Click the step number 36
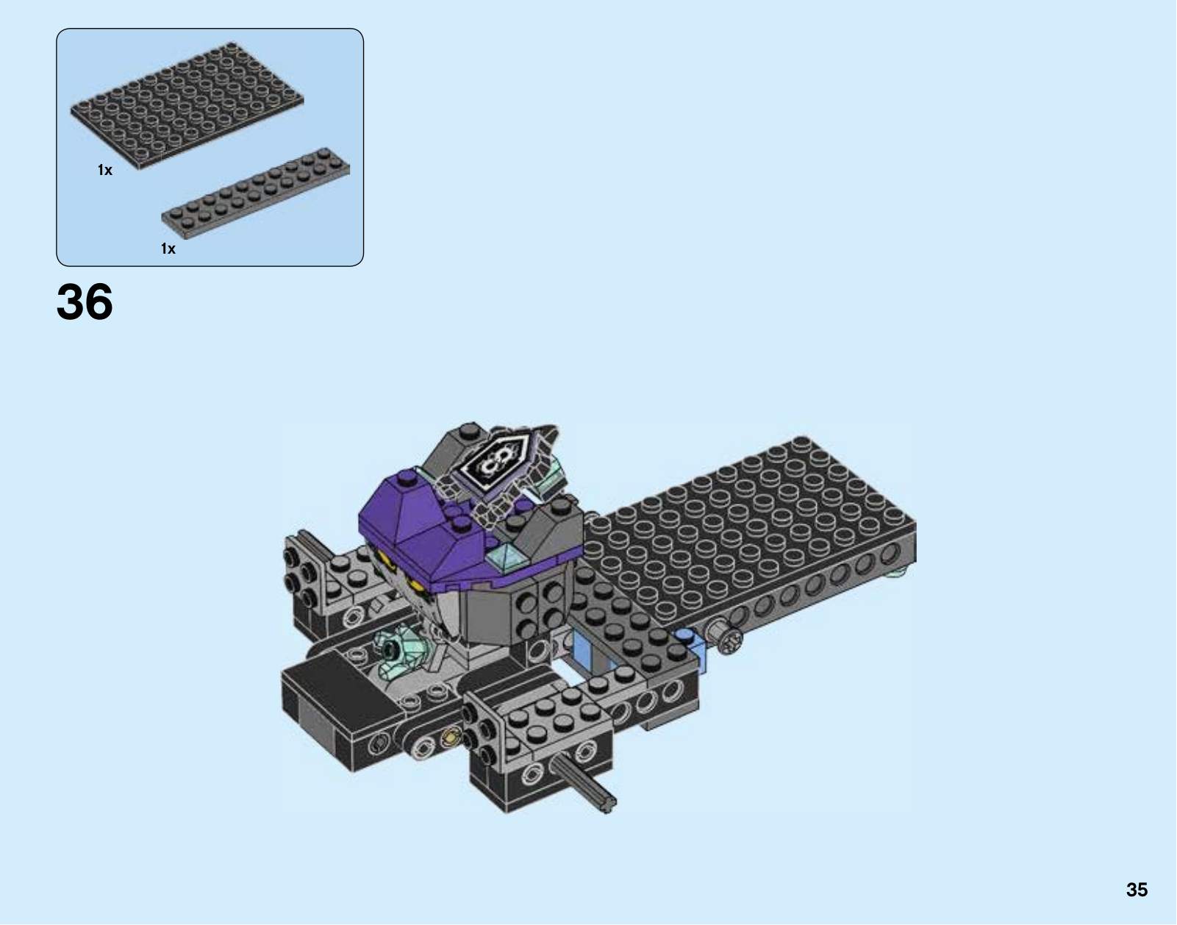85,301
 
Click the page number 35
1137,890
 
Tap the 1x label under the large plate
105,170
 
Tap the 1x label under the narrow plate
168,249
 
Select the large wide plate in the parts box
187,106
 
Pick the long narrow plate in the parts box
256,193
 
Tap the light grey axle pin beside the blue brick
724,636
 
